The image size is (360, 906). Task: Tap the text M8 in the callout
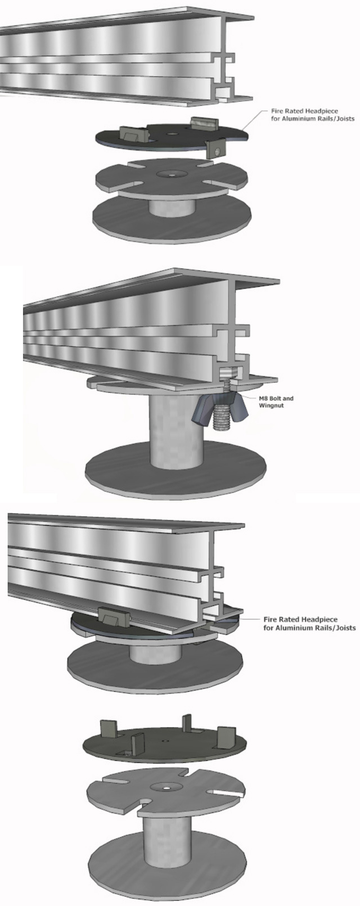coord(264,398)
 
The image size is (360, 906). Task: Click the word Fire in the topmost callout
coord(277,111)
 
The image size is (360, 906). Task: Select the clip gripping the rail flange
coord(114,616)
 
